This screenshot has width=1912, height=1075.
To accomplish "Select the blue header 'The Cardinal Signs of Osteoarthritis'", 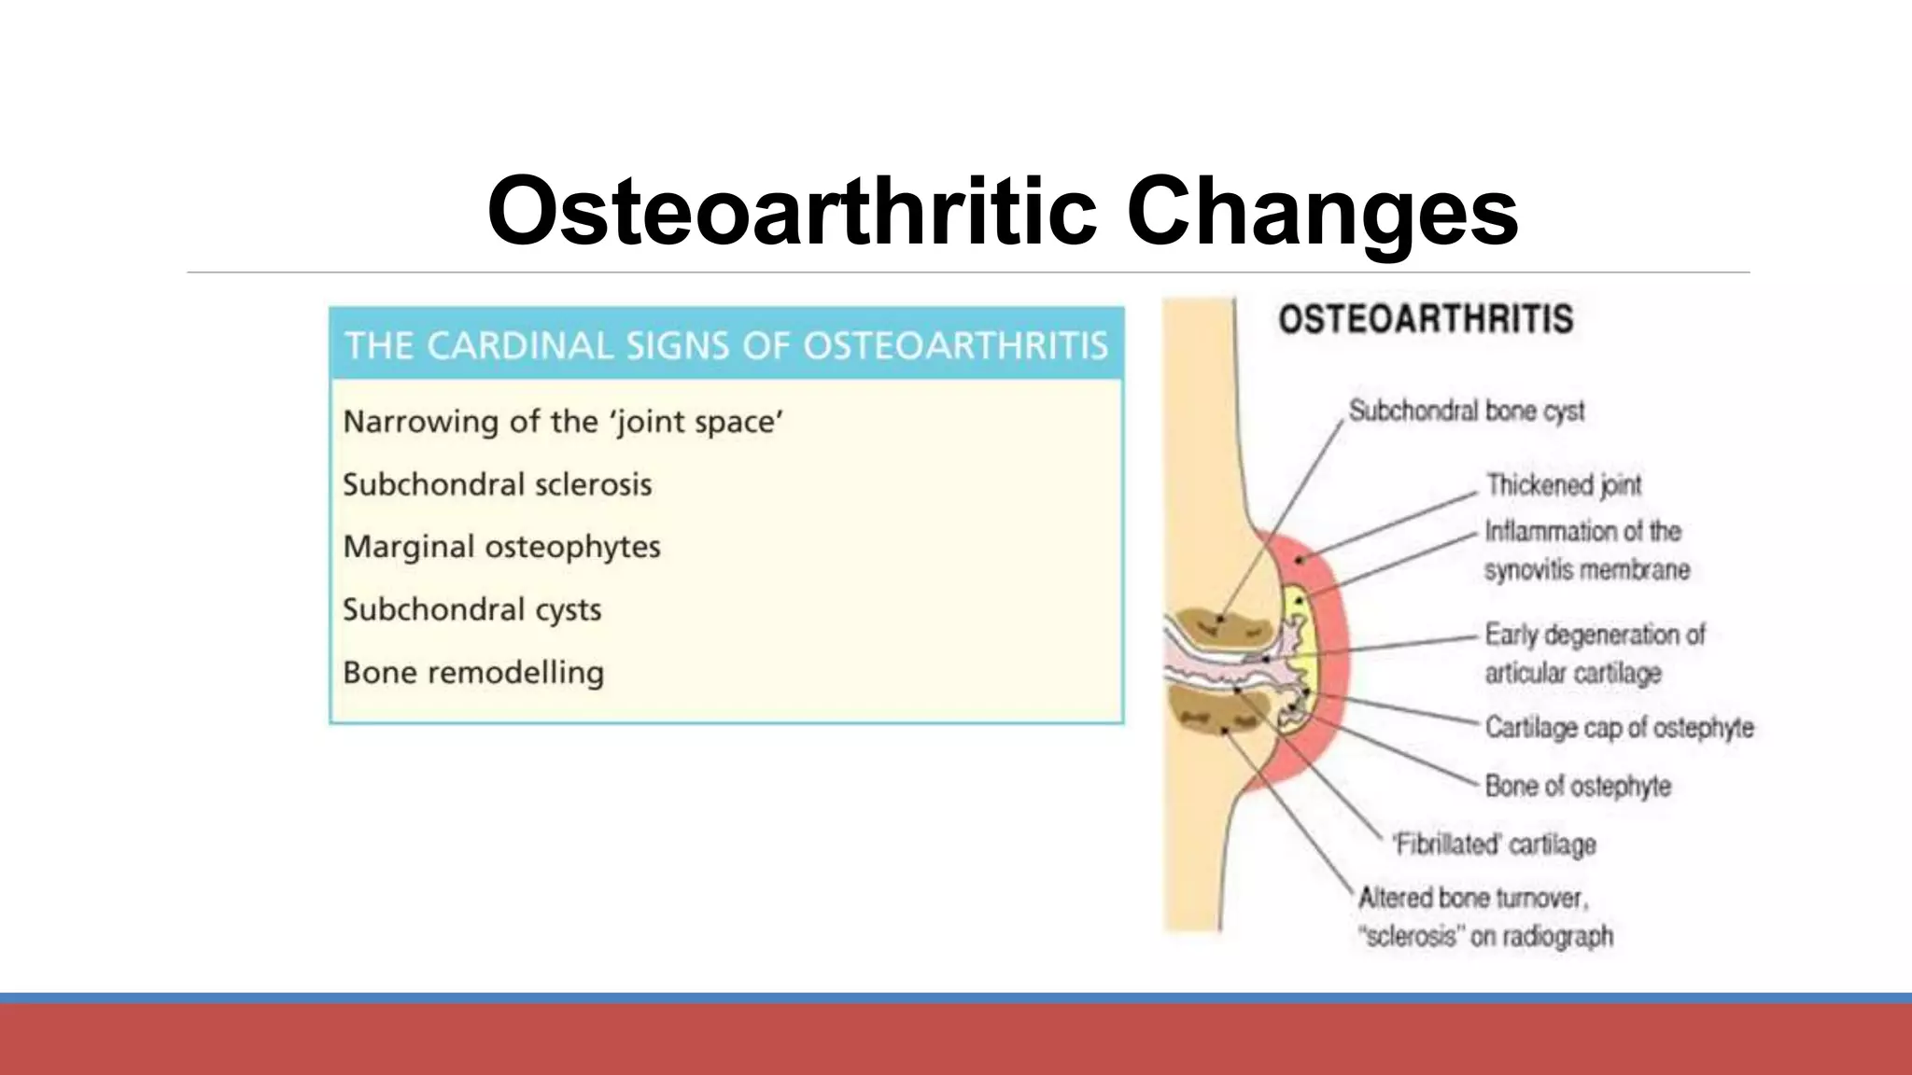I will click(x=726, y=345).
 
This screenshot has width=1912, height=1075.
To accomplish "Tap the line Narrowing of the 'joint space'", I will click(x=563, y=422).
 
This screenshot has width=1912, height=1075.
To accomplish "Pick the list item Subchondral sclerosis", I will click(x=497, y=484).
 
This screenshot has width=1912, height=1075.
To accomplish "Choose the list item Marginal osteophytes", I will click(x=501, y=547).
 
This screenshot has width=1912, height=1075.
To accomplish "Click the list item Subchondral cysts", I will click(x=471, y=609).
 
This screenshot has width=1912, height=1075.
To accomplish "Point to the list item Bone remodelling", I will click(x=473, y=672).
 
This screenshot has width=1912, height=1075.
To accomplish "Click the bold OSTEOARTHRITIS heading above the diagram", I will click(x=1426, y=320).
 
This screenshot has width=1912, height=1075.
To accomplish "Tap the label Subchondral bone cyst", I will click(x=1466, y=411).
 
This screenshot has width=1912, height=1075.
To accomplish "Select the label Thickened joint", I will click(x=1564, y=485).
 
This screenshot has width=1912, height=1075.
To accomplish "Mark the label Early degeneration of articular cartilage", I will click(x=1594, y=653).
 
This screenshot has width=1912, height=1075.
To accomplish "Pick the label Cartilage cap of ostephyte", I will click(x=1619, y=727).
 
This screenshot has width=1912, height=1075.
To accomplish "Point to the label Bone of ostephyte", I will click(x=1578, y=786).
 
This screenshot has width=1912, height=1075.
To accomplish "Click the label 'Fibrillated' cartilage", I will click(x=1494, y=845).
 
